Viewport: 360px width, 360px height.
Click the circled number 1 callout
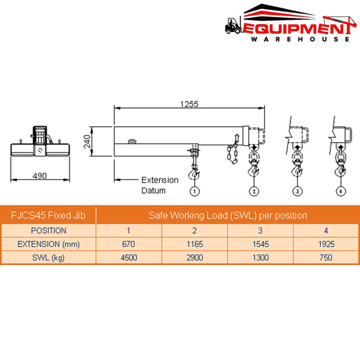(x=194, y=191)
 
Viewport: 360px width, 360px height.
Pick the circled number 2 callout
(x=253, y=191)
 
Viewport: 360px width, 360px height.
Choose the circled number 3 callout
(x=297, y=191)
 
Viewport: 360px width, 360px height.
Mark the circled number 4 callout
(x=340, y=191)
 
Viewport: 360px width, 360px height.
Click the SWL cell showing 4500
(x=129, y=258)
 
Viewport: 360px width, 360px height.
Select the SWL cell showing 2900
(x=194, y=258)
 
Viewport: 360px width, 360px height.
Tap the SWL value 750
(x=325, y=258)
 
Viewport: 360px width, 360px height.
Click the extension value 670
(x=129, y=244)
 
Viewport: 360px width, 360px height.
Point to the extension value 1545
(x=260, y=244)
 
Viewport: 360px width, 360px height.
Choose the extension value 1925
(x=325, y=244)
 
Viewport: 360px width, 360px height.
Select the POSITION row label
(x=48, y=230)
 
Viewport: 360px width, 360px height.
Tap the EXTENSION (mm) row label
(x=48, y=244)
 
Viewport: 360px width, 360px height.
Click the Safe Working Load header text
(x=227, y=215)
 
